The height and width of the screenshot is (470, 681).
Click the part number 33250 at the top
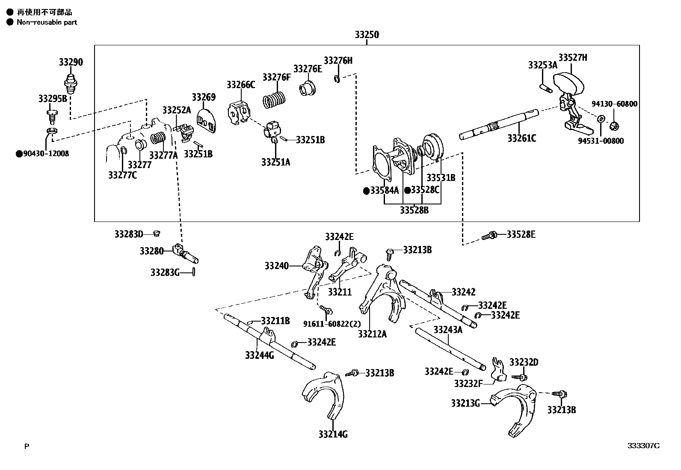tap(367, 35)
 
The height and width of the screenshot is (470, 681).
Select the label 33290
tap(71, 62)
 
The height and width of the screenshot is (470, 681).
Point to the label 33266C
tap(240, 85)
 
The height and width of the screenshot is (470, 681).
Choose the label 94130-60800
tap(614, 104)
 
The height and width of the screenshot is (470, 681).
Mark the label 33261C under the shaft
tap(521, 139)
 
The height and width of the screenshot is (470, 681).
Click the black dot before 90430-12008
tap(19, 154)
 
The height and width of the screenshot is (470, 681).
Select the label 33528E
tap(521, 234)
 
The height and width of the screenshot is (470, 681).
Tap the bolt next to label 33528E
tap(489, 236)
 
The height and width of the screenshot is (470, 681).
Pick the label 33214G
tap(333, 435)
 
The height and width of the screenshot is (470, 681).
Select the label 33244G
tap(260, 355)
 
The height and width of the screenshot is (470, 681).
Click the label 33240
tap(277, 266)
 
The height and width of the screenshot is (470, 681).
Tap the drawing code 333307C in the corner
tap(643, 446)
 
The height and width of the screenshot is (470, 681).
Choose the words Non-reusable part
tap(47, 22)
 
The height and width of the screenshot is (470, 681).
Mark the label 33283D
tap(128, 234)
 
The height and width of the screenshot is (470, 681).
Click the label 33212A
tap(372, 334)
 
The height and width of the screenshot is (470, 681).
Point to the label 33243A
tap(448, 330)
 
